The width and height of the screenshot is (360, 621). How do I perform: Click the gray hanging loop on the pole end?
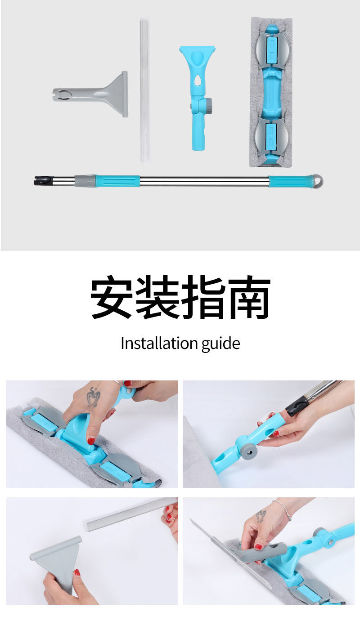pyautogui.click(x=319, y=181)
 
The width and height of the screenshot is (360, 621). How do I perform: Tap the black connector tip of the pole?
pyautogui.click(x=40, y=180)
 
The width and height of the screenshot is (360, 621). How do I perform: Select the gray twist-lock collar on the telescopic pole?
pyautogui.click(x=85, y=181)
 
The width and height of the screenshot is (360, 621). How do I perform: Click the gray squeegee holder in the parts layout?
pyautogui.click(x=90, y=94)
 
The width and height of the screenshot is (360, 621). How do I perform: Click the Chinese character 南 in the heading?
pyautogui.click(x=249, y=297)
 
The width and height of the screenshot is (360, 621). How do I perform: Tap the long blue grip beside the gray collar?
pyautogui.click(x=117, y=181)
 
